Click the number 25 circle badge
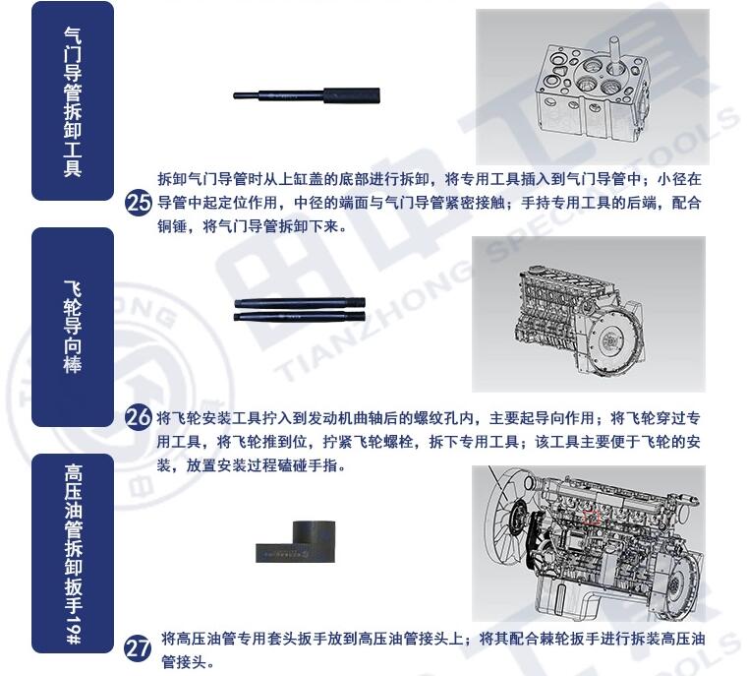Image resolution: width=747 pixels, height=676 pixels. tap(139, 204)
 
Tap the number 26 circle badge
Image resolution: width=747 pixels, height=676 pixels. tap(139, 418)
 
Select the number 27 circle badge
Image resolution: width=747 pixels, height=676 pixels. tap(138, 648)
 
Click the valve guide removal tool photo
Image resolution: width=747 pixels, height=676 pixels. tap(307, 95)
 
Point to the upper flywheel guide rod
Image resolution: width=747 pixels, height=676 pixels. tap(300, 303)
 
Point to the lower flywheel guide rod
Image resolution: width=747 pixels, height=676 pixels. tap(300, 316)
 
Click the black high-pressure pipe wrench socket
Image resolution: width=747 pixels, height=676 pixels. tap(296, 541)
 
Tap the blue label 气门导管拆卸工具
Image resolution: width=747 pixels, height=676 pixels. tap(73, 101)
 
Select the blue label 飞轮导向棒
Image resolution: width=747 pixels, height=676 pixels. tap(73, 328)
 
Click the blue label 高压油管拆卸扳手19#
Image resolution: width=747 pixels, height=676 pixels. tap(73, 553)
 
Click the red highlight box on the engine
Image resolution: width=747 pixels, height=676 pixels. tap(592, 518)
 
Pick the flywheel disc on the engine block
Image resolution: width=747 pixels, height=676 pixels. tap(608, 341)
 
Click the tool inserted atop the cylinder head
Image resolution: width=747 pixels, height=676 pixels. tap(613, 55)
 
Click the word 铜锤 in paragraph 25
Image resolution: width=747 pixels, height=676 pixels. tap(172, 225)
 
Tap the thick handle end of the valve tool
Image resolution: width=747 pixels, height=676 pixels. tap(352, 95)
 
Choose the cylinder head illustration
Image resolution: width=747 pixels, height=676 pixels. tap(592, 89)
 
